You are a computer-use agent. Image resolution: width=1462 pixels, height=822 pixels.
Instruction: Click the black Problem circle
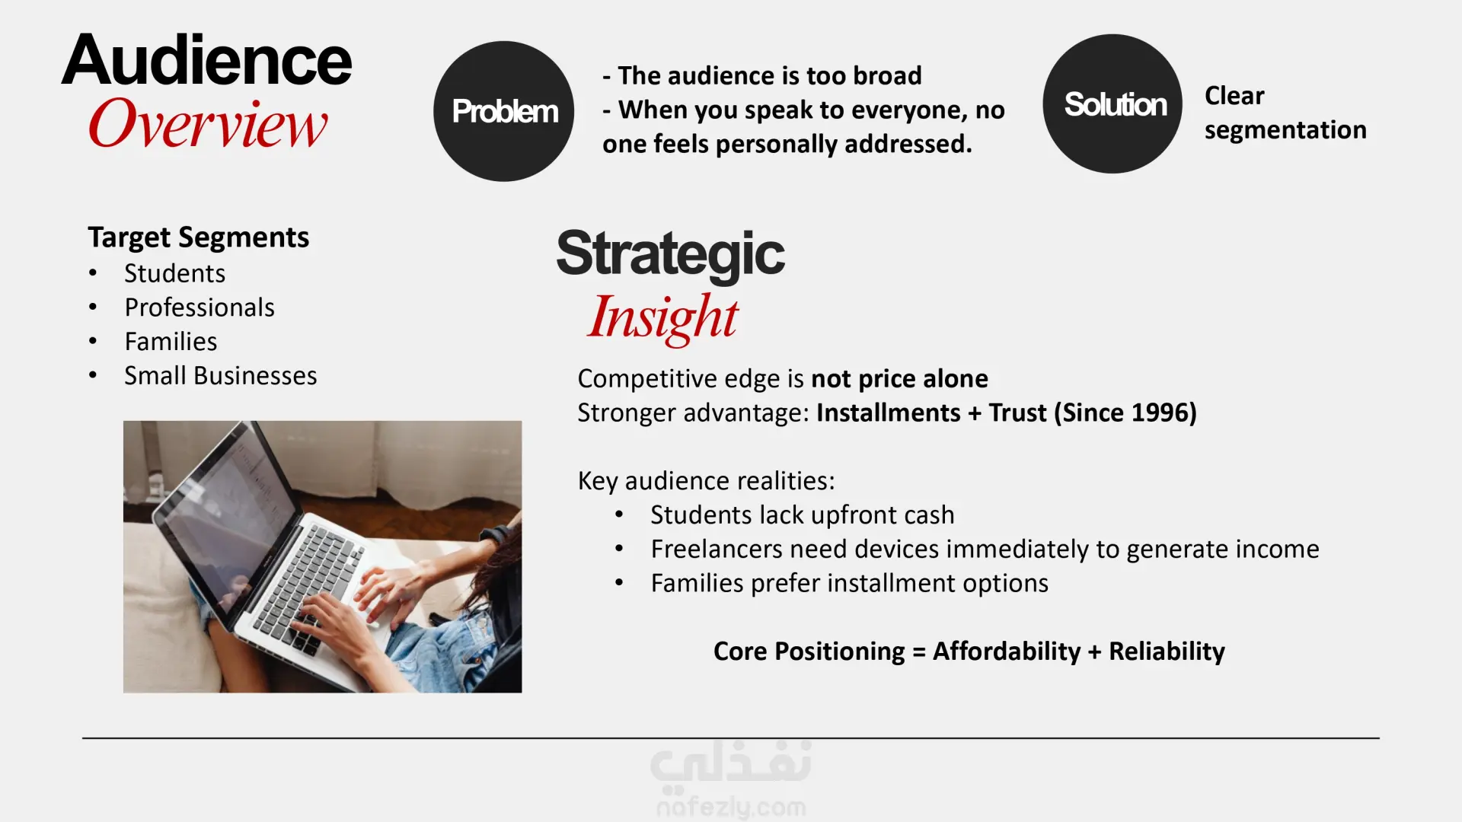point(503,111)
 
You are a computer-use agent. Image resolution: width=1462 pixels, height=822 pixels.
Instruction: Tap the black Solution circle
point(1112,104)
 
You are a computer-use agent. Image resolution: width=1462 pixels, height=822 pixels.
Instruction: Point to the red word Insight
point(662,318)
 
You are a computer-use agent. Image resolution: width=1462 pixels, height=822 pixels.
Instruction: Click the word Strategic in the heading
point(670,255)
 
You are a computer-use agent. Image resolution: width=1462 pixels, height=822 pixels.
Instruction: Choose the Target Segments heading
point(198,237)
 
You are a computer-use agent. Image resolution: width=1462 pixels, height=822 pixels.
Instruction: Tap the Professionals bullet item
point(200,307)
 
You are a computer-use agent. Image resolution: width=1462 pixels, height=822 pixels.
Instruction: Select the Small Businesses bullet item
point(221,375)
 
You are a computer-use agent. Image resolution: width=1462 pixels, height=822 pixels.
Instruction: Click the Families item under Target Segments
point(171,342)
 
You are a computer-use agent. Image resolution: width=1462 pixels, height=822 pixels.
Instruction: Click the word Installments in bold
point(889,413)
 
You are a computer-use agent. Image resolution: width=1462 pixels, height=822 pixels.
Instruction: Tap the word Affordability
point(1007,652)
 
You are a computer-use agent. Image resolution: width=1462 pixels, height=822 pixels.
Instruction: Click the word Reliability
point(1167,652)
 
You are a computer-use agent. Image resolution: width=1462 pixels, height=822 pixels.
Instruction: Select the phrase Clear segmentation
point(1285,113)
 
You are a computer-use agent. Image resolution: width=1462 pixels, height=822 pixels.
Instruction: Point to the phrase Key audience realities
point(706,481)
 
